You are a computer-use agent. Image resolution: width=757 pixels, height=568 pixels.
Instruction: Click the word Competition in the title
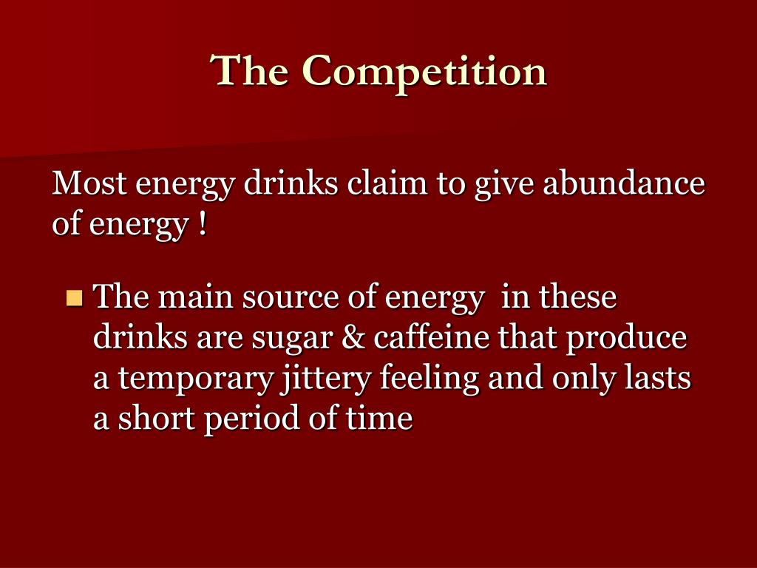tap(424, 72)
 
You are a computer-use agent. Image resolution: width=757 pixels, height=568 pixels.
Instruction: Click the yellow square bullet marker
tap(74, 298)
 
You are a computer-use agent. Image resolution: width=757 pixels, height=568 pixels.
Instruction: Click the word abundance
tap(624, 183)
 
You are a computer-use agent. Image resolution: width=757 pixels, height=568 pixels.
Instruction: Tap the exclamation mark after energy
tap(202, 224)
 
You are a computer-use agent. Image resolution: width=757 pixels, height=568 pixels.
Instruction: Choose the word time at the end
tap(378, 419)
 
